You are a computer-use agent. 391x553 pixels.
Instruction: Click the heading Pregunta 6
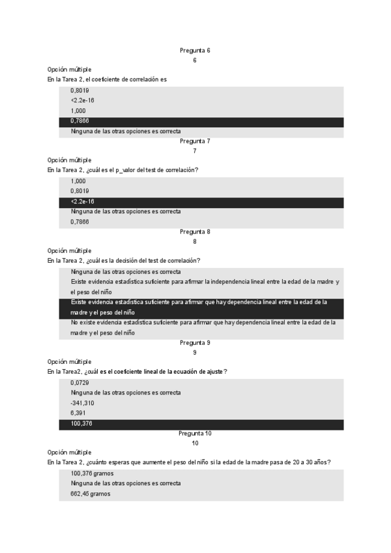(194, 50)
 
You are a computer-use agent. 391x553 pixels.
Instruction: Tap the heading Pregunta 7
(194, 141)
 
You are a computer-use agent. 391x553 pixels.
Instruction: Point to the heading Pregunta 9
(194, 342)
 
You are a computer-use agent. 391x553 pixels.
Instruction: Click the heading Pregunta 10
(194, 433)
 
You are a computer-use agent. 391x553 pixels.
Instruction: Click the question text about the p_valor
(123, 170)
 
